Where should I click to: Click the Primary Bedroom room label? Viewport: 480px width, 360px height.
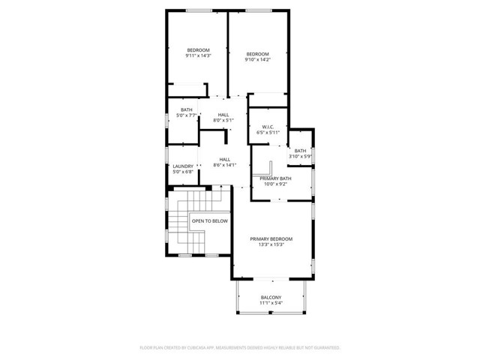pyautogui.click(x=271, y=238)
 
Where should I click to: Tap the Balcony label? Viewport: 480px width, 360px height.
pyautogui.click(x=271, y=298)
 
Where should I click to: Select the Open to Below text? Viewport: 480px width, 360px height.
pyautogui.click(x=209, y=221)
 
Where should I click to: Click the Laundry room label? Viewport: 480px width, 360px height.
pyautogui.click(x=183, y=166)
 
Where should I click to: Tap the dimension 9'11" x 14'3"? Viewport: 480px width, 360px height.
pyautogui.click(x=198, y=55)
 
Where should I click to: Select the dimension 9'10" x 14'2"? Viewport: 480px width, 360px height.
pyautogui.click(x=257, y=60)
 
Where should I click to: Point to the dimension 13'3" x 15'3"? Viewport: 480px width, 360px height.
pyautogui.click(x=271, y=244)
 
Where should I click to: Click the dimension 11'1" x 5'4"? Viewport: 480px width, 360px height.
pyautogui.click(x=271, y=303)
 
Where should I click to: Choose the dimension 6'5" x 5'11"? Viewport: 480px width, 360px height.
pyautogui.click(x=268, y=132)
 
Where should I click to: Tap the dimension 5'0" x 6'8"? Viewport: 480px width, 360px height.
pyautogui.click(x=183, y=171)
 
